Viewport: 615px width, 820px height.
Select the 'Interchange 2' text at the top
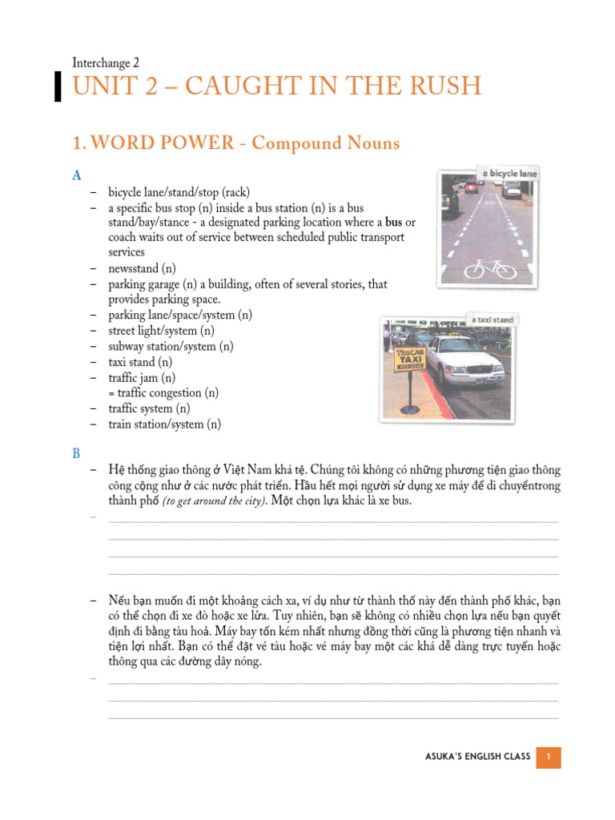coord(106,62)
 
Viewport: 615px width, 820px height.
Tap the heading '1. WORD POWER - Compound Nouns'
coord(235,143)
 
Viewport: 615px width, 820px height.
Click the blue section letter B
coord(76,453)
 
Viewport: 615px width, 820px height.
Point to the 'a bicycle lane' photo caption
coord(508,174)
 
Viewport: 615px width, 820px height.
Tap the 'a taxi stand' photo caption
coord(492,320)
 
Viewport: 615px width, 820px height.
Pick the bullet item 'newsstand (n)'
coord(143,268)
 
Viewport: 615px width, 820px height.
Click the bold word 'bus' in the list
coord(394,222)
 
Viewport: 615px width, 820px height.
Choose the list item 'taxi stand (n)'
coord(142,362)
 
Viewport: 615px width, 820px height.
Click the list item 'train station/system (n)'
coord(164,424)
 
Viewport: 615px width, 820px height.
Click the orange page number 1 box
coord(549,757)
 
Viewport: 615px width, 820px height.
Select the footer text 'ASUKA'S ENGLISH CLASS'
coord(478,757)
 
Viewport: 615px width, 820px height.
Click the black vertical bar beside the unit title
coord(58,86)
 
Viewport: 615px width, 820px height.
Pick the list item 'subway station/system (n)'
coord(171,346)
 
